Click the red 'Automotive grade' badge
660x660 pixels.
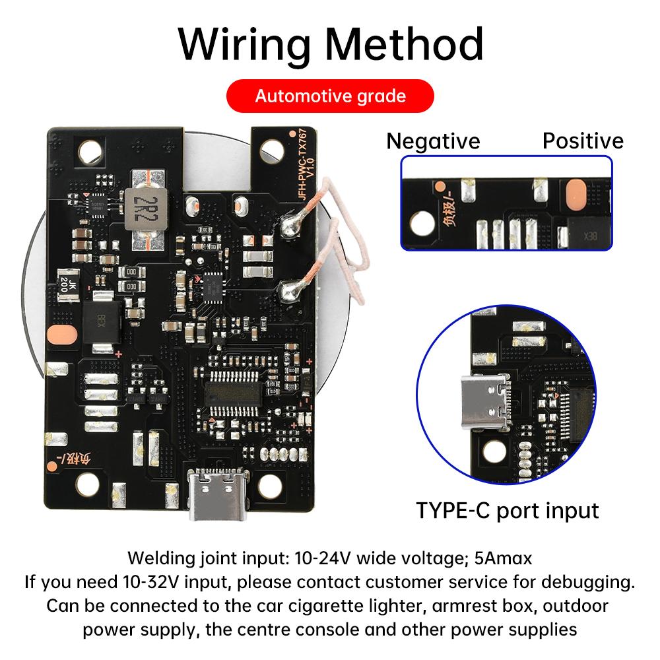point(330,96)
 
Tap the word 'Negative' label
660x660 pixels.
point(433,141)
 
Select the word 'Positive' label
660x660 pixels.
point(583,141)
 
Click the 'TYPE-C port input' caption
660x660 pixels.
point(507,511)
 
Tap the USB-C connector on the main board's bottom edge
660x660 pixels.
point(217,494)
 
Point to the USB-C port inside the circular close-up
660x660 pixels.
point(486,401)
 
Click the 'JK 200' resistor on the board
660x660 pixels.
point(68,285)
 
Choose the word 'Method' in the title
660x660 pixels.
point(404,44)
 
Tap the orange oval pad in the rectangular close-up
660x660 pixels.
point(576,195)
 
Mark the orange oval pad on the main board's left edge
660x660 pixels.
point(62,335)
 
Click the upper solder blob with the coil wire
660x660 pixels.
point(289,226)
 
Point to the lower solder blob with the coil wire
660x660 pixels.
point(289,291)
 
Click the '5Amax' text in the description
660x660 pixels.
point(503,558)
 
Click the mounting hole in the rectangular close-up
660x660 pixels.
point(422,222)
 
